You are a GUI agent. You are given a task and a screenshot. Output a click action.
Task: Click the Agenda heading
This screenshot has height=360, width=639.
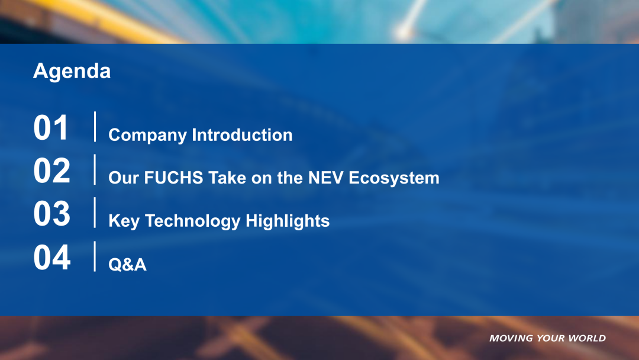(x=72, y=72)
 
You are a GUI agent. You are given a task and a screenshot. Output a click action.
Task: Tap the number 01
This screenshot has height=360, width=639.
(x=51, y=128)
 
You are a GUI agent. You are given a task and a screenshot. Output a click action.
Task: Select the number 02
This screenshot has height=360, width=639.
(x=51, y=171)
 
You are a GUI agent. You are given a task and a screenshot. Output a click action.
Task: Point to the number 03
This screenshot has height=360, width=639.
(x=51, y=213)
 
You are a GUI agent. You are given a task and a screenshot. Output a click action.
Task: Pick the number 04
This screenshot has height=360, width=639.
(x=51, y=257)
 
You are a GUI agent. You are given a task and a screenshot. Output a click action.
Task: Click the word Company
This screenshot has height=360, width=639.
(x=147, y=136)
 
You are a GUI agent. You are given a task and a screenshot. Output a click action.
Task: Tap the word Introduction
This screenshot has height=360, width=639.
(x=242, y=135)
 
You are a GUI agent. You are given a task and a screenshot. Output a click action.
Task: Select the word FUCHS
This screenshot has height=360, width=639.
(x=173, y=178)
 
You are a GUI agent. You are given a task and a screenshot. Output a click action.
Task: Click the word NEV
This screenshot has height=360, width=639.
(x=325, y=178)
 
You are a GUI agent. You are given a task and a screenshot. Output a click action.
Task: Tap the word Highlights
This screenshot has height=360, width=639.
(x=288, y=221)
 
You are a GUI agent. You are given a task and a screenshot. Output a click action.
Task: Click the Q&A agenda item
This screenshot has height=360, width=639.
(x=128, y=265)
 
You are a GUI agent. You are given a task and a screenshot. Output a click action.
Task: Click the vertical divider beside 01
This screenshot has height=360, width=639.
(x=95, y=127)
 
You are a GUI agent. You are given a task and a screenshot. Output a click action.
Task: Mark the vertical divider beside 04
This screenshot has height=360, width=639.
(x=95, y=256)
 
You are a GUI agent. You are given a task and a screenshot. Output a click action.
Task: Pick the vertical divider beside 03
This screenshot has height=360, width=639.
(x=95, y=213)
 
